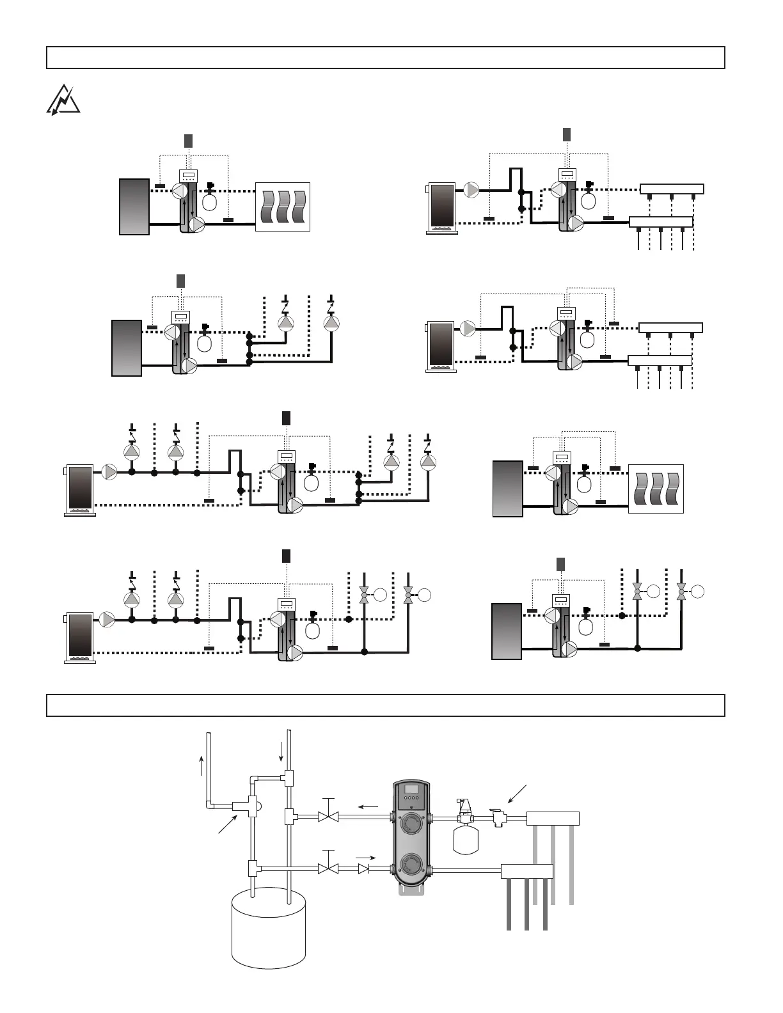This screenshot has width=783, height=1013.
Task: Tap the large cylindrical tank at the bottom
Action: (x=269, y=927)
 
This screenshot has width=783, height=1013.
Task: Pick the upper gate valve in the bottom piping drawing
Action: (x=328, y=817)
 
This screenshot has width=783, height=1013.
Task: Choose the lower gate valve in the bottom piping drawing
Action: (x=328, y=869)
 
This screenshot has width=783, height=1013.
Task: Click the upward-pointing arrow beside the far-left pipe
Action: (x=202, y=764)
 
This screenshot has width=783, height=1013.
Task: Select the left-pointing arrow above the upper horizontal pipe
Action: (x=368, y=807)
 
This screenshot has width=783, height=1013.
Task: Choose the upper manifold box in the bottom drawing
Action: (x=553, y=819)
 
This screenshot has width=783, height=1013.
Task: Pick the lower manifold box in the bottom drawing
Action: (x=526, y=870)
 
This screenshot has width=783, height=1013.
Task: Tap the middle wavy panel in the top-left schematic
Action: (x=283, y=207)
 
